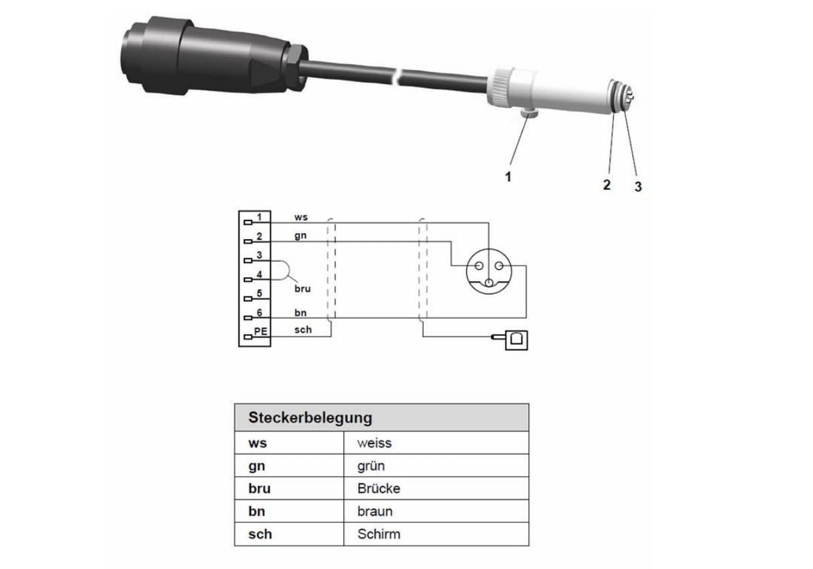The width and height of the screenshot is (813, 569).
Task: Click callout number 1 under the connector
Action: point(508,177)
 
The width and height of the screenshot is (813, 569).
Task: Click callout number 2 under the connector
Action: point(607,185)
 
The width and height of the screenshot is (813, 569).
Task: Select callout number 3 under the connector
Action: point(638,186)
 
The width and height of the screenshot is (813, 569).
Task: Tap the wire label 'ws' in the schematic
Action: point(301,217)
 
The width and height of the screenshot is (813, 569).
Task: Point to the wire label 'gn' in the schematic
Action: point(301,236)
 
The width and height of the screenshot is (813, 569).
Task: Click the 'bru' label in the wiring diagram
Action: point(303,289)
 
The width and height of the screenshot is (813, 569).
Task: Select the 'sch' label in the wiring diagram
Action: point(303,330)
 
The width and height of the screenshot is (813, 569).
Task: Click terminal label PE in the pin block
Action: point(261,331)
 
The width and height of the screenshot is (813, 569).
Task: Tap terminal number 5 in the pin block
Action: point(259,293)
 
